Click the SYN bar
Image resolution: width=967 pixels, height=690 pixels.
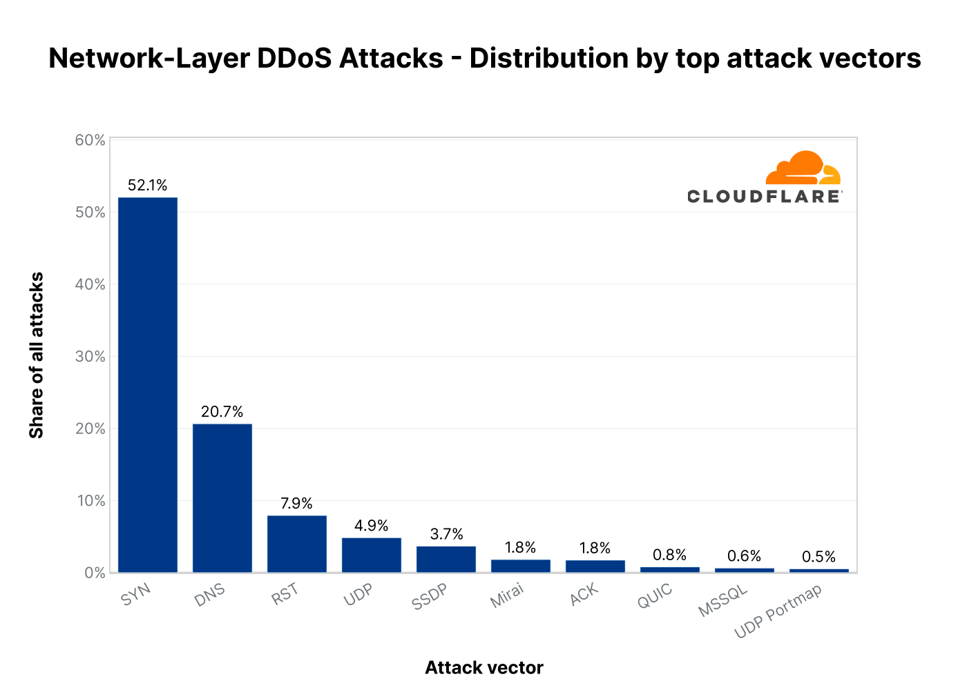tap(148, 384)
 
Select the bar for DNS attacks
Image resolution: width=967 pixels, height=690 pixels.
tap(222, 497)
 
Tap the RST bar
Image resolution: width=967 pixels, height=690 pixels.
tap(297, 544)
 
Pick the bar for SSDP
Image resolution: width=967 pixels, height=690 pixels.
tap(446, 559)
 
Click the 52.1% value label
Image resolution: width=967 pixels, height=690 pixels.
tap(148, 185)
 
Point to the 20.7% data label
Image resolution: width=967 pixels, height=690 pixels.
tap(222, 412)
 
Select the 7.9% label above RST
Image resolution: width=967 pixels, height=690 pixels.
tap(297, 504)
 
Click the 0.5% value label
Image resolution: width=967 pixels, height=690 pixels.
tap(819, 557)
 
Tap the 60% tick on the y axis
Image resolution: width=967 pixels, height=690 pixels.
tap(90, 141)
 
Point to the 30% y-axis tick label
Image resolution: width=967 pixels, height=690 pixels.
tap(90, 357)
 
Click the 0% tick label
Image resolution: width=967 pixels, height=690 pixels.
tap(95, 573)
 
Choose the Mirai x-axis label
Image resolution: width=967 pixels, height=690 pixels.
tap(507, 596)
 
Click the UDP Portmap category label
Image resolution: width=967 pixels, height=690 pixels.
tap(778, 611)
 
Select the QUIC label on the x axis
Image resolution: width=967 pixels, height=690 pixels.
tap(655, 597)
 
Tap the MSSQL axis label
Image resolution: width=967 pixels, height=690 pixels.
tap(722, 601)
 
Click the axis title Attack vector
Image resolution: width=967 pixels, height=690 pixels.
tap(484, 668)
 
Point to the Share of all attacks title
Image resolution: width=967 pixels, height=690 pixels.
tap(37, 355)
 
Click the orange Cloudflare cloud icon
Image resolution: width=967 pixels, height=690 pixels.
tap(803, 168)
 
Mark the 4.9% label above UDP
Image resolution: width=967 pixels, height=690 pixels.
tap(372, 526)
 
